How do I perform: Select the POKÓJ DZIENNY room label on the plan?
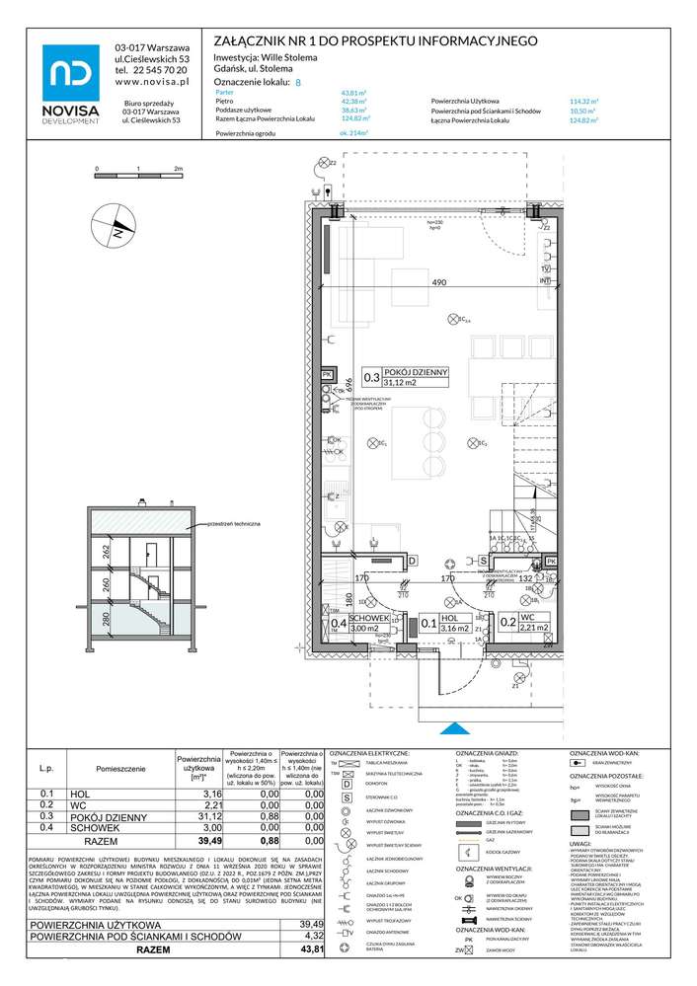pos(416,372)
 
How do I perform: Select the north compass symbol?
pos(116,230)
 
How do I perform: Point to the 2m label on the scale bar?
pos(179,170)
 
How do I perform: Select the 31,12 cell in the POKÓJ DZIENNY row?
pos(211,816)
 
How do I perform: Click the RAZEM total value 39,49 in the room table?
pos(211,842)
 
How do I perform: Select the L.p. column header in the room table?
pos(45,767)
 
